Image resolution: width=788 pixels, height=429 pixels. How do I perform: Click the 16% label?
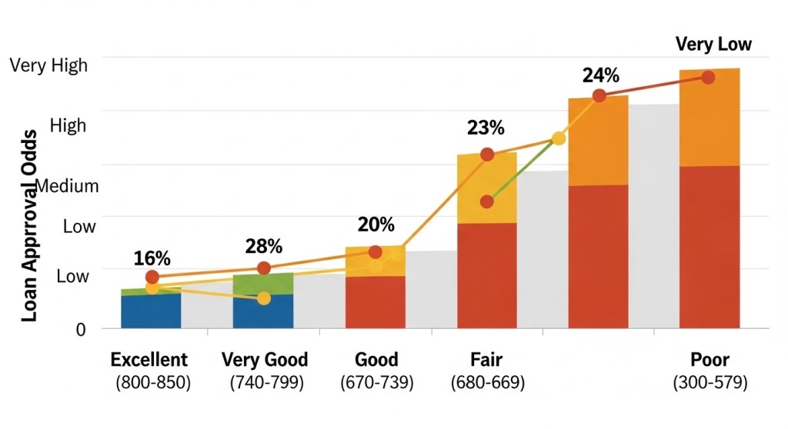(152, 259)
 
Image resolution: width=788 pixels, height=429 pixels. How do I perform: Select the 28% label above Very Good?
(264, 247)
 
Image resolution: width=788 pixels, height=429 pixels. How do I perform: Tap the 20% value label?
(376, 225)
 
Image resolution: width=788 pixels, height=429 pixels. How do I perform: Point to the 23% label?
(486, 128)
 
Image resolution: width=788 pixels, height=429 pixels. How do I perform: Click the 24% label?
(600, 75)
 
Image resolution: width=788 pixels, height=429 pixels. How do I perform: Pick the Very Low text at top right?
(713, 44)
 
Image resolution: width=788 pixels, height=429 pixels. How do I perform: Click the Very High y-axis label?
(48, 65)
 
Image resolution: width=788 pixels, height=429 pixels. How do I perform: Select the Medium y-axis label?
(68, 186)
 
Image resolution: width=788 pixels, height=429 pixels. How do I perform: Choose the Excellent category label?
(149, 360)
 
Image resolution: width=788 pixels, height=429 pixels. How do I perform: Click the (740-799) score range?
(264, 382)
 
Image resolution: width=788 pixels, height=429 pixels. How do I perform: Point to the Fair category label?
(486, 360)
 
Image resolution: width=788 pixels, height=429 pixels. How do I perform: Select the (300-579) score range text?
(710, 382)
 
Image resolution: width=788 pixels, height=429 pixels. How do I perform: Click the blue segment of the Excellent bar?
(151, 311)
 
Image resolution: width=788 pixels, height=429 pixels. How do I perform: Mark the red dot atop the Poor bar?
(708, 77)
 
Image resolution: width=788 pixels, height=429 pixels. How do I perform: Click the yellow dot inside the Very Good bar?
(264, 298)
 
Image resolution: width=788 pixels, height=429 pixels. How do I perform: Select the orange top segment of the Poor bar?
(709, 119)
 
